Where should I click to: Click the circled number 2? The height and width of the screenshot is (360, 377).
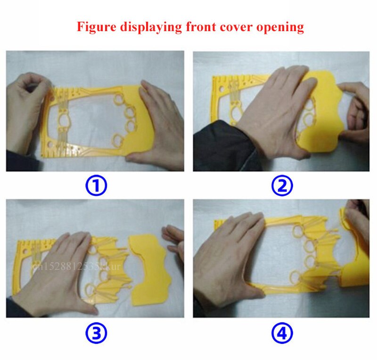click(x=281, y=186)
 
